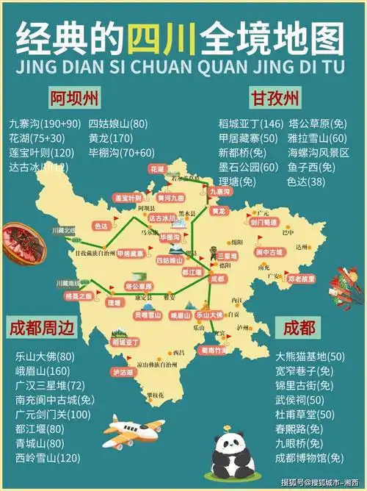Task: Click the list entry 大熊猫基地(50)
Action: tap(309, 356)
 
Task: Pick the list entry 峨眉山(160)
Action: tap(42, 370)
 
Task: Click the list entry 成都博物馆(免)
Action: tap(309, 458)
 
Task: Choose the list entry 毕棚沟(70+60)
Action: tap(121, 152)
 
